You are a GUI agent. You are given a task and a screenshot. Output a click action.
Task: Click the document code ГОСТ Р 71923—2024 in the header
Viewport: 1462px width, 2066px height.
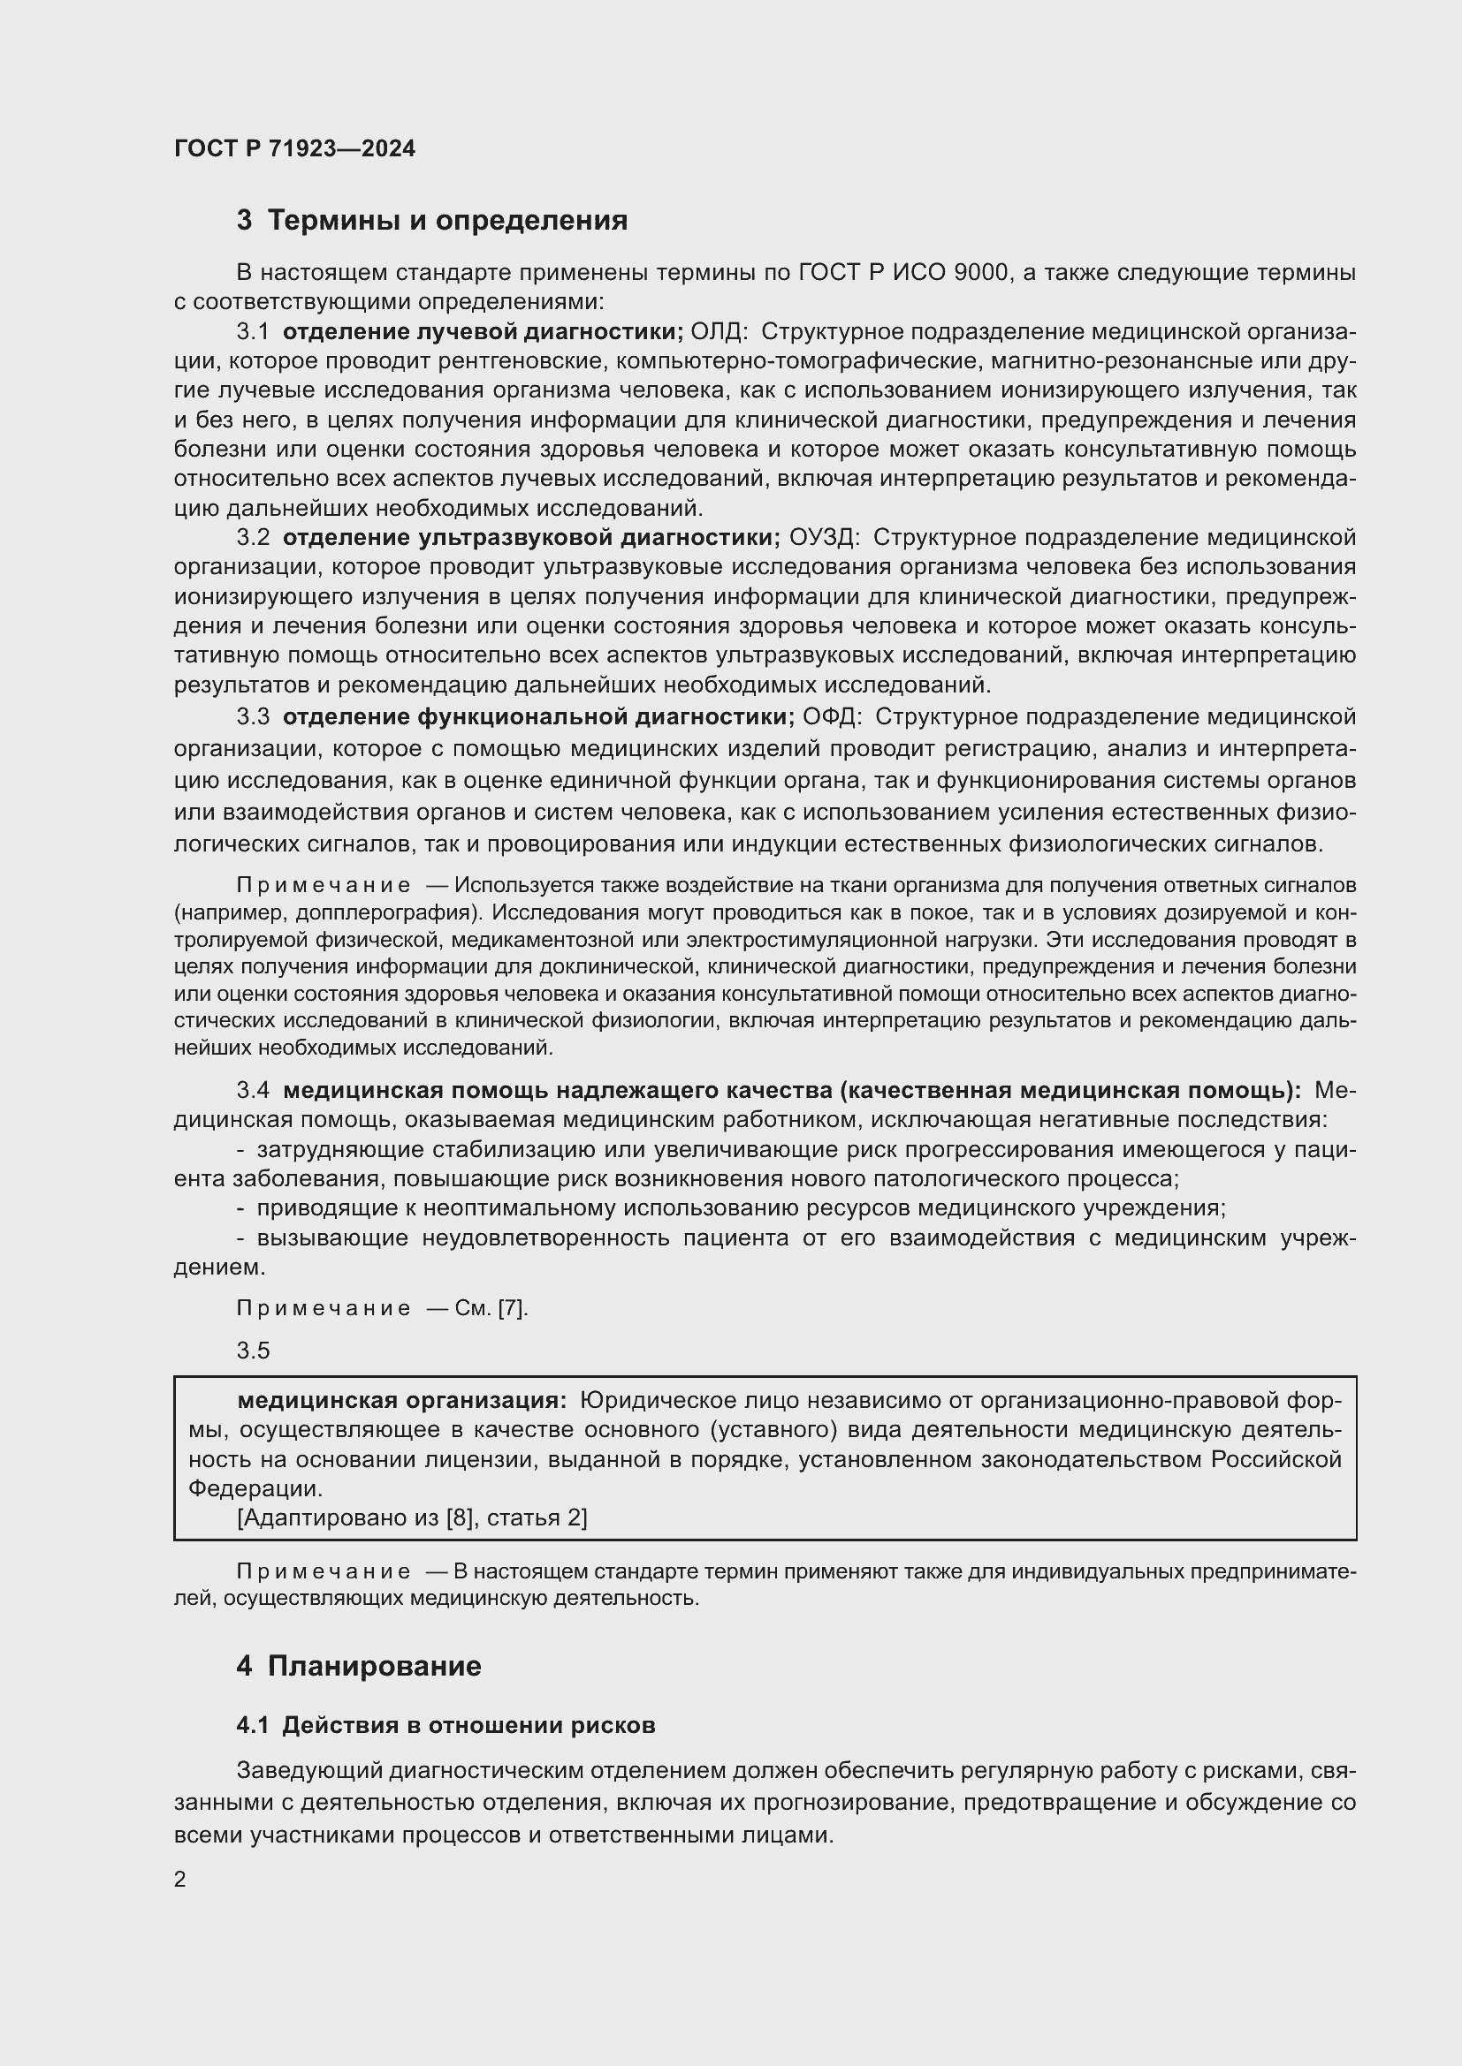[x=294, y=148]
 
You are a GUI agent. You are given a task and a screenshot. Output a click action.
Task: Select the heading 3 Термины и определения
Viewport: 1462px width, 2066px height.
[x=431, y=221]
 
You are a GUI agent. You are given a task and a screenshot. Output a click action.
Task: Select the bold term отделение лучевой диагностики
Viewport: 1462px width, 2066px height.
[x=483, y=332]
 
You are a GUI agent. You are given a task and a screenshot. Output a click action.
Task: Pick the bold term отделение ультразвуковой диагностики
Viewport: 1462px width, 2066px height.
[x=531, y=538]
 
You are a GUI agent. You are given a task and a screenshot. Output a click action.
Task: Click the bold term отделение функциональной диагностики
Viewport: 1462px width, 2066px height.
[x=537, y=717]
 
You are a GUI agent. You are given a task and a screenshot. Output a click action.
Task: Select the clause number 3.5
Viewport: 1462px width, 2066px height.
[x=253, y=1351]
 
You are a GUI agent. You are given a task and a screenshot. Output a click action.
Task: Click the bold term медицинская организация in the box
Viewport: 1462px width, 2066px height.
[x=401, y=1401]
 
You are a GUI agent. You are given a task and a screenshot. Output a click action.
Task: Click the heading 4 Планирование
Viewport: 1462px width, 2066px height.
[x=358, y=1667]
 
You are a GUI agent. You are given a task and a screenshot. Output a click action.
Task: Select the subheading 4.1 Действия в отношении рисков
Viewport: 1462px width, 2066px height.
[x=445, y=1725]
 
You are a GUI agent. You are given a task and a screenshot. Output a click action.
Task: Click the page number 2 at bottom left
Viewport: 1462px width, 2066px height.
[x=180, y=1880]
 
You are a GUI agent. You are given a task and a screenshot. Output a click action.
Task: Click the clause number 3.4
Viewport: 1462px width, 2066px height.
[x=253, y=1091]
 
